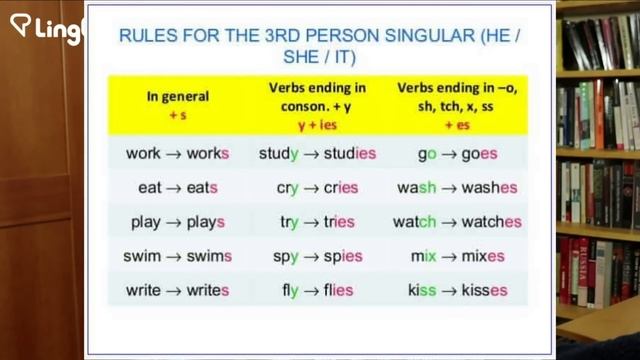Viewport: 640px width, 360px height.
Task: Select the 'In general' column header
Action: tap(178, 97)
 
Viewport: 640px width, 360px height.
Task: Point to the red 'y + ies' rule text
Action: tap(316, 127)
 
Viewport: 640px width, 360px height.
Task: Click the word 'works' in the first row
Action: tap(208, 155)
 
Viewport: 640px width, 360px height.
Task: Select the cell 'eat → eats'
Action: tap(178, 188)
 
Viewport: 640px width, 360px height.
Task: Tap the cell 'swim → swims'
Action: tap(178, 256)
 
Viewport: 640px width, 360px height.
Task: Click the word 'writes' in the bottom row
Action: tap(208, 290)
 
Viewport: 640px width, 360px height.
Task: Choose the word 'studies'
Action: tap(349, 155)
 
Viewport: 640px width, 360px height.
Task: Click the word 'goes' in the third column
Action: tap(479, 155)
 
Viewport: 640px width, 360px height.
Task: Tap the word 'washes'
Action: tap(489, 188)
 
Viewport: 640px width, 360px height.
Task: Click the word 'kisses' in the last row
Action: tap(484, 290)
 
